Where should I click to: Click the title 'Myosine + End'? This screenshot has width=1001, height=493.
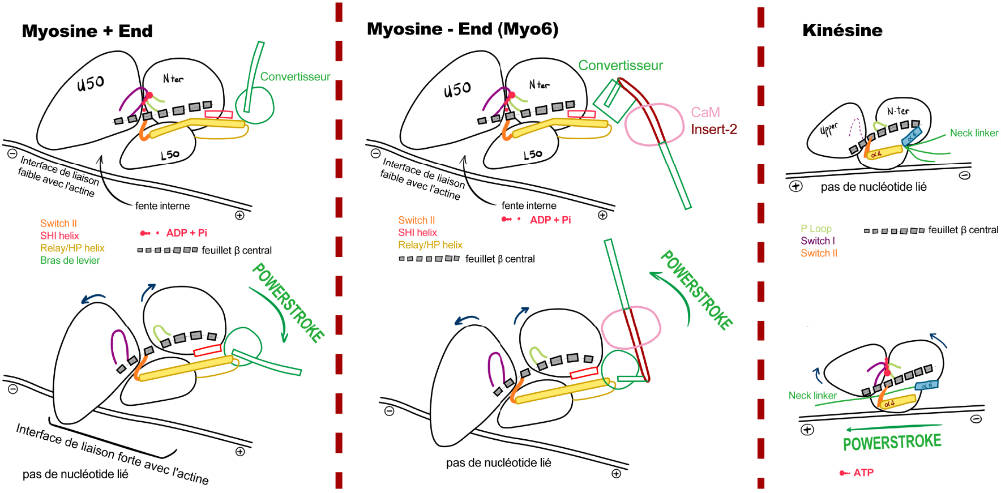(x=87, y=31)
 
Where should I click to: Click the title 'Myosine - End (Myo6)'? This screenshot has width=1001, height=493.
(x=463, y=29)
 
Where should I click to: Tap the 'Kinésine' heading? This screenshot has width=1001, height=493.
(x=842, y=31)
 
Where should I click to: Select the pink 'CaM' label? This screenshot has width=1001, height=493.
(x=705, y=113)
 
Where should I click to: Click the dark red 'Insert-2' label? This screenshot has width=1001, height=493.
(x=714, y=130)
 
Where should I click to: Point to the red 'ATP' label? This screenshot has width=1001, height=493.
(x=863, y=473)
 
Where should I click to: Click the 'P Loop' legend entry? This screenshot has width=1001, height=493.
(x=816, y=229)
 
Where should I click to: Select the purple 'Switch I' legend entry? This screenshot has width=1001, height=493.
(x=818, y=241)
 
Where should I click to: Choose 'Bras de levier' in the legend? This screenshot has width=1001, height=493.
(x=70, y=260)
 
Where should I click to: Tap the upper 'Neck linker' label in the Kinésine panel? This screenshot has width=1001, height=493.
(x=974, y=133)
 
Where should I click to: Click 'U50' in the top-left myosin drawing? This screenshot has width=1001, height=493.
(x=91, y=83)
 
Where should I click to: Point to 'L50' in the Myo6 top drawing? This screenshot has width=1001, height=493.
(x=533, y=155)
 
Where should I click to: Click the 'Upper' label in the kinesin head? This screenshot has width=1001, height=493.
(x=829, y=128)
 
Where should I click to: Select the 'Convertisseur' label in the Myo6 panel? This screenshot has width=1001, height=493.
(x=621, y=66)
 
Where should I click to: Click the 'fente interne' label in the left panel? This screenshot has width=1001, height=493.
(x=162, y=206)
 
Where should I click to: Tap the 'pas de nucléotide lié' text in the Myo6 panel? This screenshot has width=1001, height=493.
(x=498, y=463)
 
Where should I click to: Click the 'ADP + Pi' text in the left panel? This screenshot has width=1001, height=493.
(x=187, y=233)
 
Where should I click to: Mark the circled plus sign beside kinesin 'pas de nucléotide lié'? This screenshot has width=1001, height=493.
(x=795, y=186)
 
